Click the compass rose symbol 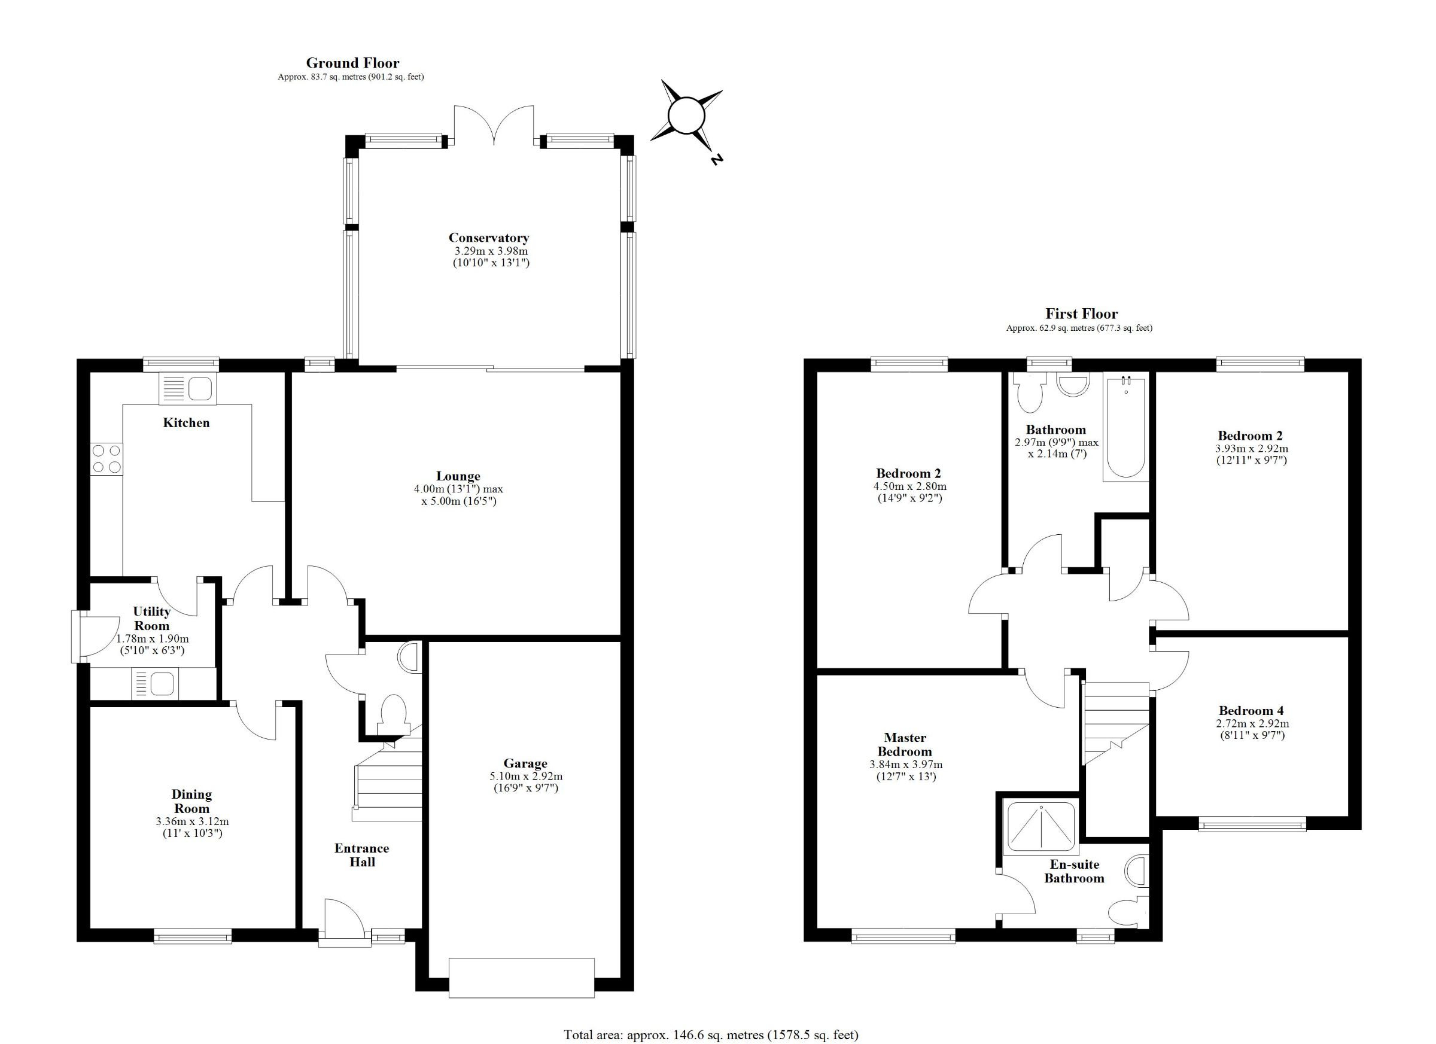[687, 117]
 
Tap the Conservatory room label [489, 238]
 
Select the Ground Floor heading [352, 63]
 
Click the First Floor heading [1081, 313]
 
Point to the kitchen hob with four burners [107, 459]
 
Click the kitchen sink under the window [187, 389]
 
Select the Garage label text [525, 763]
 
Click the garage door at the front [522, 978]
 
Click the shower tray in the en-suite [1041, 826]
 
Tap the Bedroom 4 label [1251, 711]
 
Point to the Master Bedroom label [905, 744]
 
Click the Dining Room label [192, 802]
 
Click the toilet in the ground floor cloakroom [393, 714]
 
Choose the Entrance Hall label [362, 856]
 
